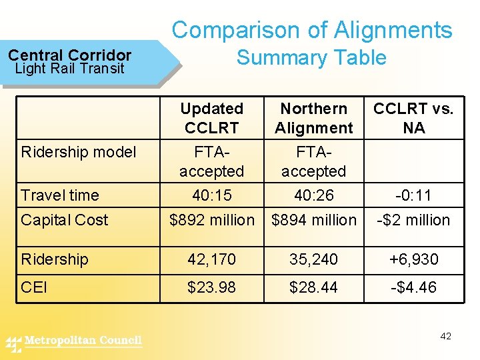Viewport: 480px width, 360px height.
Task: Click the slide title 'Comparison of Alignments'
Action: click(x=312, y=30)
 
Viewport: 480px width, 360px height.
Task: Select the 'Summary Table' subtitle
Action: click(x=311, y=57)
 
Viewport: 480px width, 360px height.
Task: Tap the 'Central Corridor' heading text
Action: click(x=70, y=55)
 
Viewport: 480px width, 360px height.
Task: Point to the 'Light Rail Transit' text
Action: click(x=70, y=68)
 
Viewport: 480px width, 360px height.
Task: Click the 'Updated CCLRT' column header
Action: click(x=211, y=118)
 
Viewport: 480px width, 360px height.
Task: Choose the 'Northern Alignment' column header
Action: click(x=313, y=118)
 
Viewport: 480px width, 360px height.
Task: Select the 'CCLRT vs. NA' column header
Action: click(x=413, y=118)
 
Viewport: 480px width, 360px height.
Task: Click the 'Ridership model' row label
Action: click(x=79, y=152)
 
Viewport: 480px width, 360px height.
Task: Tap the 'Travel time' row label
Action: click(x=60, y=195)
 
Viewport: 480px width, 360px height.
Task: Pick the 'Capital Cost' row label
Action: click(x=65, y=220)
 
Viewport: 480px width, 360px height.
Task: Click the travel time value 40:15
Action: click(x=211, y=195)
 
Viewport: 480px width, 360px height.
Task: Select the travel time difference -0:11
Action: click(x=413, y=195)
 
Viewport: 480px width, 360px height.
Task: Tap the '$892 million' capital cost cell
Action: click(x=212, y=220)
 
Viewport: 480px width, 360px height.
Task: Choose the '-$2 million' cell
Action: click(x=413, y=220)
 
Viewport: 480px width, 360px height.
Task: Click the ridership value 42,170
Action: click(x=211, y=259)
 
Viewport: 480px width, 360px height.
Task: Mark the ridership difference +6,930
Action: click(x=413, y=259)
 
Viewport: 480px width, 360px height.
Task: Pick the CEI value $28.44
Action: click(x=313, y=288)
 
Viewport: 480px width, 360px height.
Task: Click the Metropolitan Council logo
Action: click(x=75, y=342)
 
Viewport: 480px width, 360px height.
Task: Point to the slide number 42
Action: click(x=446, y=336)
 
